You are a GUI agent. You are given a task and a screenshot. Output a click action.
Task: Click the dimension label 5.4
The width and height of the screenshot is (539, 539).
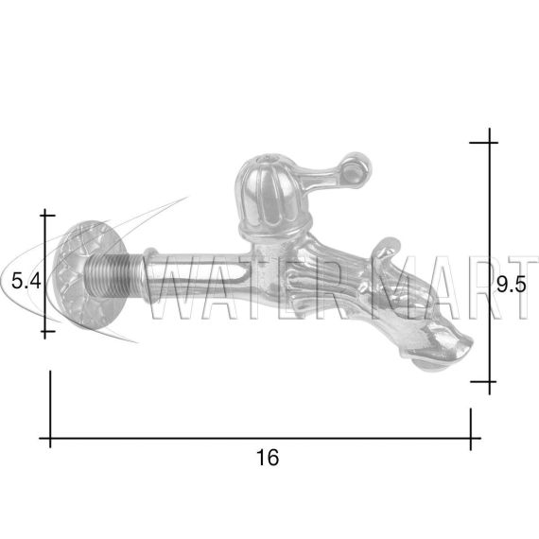coord(26,281)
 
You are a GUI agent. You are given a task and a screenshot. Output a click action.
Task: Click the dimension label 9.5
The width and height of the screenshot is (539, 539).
coord(512,285)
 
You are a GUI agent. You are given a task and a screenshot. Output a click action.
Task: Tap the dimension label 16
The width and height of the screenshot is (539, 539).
coord(268,458)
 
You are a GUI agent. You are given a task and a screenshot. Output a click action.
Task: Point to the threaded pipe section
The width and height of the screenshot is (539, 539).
coord(113,278)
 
